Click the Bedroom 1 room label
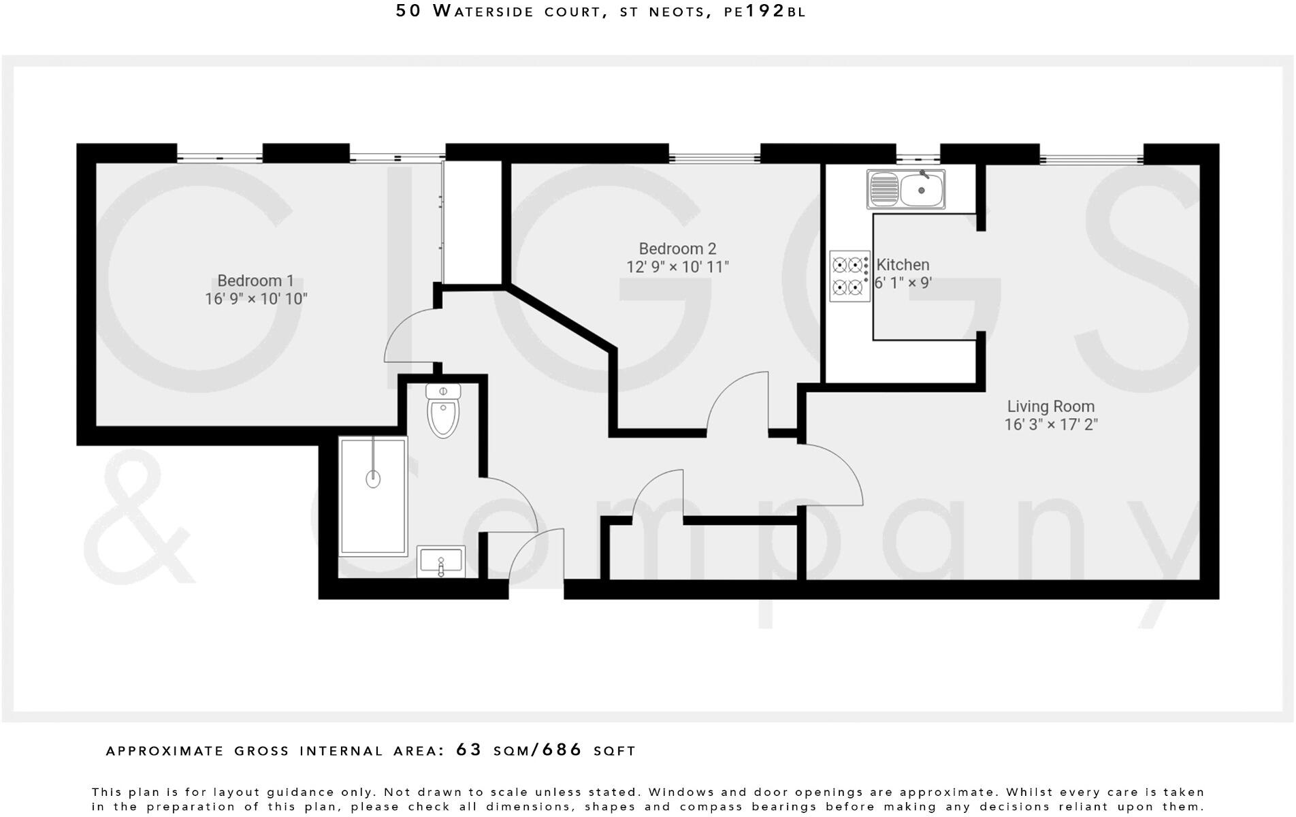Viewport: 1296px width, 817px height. click(255, 281)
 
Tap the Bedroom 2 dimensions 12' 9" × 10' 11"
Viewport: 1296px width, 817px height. click(677, 267)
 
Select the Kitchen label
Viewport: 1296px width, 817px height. click(903, 265)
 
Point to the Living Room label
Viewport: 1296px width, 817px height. click(1050, 406)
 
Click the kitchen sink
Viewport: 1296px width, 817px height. click(905, 189)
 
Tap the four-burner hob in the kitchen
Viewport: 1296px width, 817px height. click(849, 276)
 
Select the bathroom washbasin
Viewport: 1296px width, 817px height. click(441, 562)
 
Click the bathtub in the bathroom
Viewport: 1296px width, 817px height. click(373, 496)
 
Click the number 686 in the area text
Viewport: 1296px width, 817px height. click(562, 750)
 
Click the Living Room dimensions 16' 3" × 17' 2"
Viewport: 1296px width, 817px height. click(1050, 425)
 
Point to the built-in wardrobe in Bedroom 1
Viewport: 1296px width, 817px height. click(472, 221)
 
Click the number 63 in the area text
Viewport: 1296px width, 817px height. click(468, 750)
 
